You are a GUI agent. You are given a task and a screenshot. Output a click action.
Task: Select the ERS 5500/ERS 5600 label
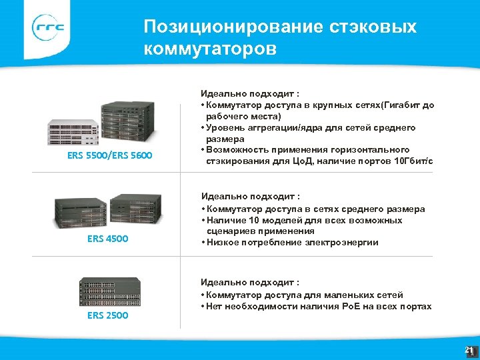coord(110,156)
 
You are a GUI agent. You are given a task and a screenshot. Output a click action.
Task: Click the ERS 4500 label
coord(108,238)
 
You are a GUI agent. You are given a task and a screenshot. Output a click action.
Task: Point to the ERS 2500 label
coord(108,315)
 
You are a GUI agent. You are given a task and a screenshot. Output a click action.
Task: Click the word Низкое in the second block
coord(223,242)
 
